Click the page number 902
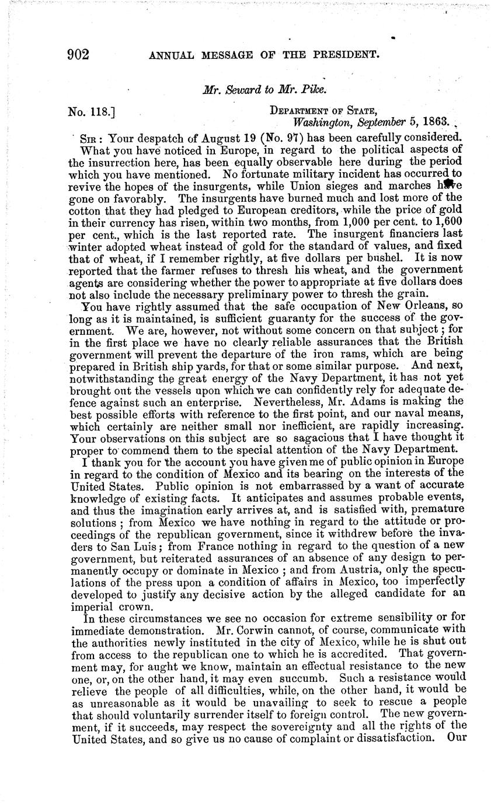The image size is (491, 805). click(78, 55)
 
